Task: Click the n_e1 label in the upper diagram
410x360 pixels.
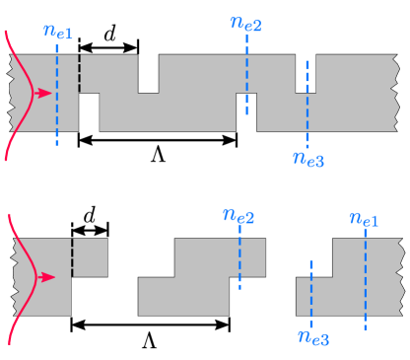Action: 58,32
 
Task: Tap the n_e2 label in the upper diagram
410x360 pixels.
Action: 246,23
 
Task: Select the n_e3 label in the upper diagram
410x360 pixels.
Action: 308,158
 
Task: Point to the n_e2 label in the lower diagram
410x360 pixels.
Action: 239,216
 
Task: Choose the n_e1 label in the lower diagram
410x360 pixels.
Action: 364,218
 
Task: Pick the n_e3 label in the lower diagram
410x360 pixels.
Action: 312,338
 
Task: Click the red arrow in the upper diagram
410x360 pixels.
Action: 42,94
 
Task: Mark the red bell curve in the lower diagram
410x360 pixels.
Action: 17,277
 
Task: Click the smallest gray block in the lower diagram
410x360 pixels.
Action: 90,257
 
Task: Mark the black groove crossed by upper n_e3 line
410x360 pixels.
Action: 306,74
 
